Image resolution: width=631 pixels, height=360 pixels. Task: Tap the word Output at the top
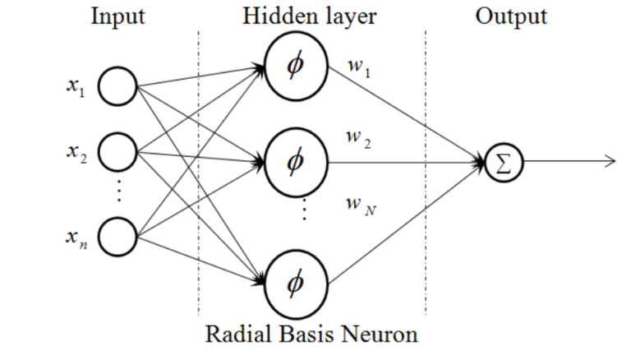click(510, 16)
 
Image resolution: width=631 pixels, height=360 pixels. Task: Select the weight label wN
click(359, 204)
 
